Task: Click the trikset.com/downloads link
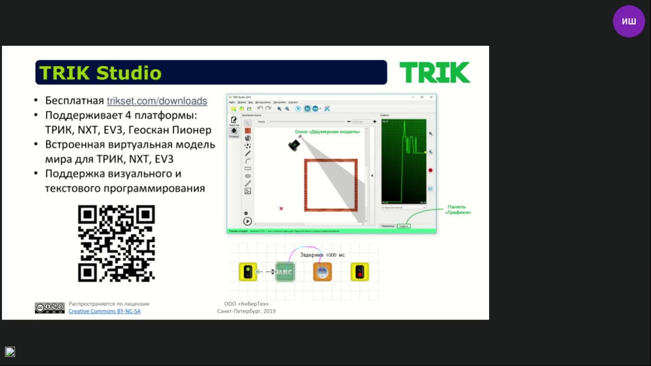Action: click(x=157, y=101)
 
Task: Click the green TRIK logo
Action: click(x=435, y=73)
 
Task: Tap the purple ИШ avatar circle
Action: click(x=629, y=21)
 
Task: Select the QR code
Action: click(x=116, y=243)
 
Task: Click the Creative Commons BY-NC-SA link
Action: click(x=105, y=311)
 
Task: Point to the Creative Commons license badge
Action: click(x=50, y=308)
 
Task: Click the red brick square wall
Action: click(x=331, y=161)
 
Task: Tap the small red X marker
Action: click(x=281, y=208)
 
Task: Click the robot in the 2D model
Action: click(x=294, y=145)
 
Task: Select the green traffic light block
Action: click(x=248, y=272)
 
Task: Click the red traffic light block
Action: click(x=360, y=272)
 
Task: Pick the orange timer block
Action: click(x=322, y=272)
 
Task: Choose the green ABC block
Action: click(x=285, y=272)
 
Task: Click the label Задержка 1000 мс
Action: click(x=322, y=255)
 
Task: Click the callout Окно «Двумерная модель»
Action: click(x=328, y=132)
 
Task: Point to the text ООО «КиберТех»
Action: click(x=246, y=304)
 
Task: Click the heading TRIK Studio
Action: click(x=101, y=73)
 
